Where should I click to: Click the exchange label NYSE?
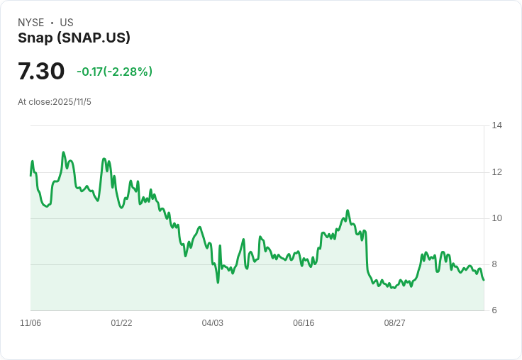pyautogui.click(x=31, y=23)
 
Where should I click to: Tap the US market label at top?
pyautogui.click(x=67, y=23)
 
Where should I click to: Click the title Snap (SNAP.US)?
pyautogui.click(x=74, y=38)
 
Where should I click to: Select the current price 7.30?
pyautogui.click(x=41, y=72)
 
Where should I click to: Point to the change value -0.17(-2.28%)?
pyautogui.click(x=114, y=72)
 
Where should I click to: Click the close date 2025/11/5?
pyautogui.click(x=72, y=102)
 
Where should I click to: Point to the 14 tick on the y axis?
pyautogui.click(x=496, y=125)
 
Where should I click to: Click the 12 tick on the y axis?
pyautogui.click(x=496, y=171)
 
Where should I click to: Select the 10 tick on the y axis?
pyautogui.click(x=496, y=218)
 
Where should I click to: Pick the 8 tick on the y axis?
pyautogui.click(x=494, y=264)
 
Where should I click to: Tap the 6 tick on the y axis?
pyautogui.click(x=494, y=310)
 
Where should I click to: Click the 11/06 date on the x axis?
pyautogui.click(x=30, y=323)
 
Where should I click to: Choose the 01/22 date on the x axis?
pyautogui.click(x=121, y=323)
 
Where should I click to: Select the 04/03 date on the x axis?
pyautogui.click(x=212, y=323)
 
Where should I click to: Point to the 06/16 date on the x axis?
pyautogui.click(x=304, y=323)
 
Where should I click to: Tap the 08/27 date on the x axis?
pyautogui.click(x=394, y=323)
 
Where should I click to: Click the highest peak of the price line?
pyautogui.click(x=63, y=152)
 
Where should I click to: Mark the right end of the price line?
pyautogui.click(x=484, y=280)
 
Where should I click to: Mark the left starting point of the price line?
pyautogui.click(x=30, y=175)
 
